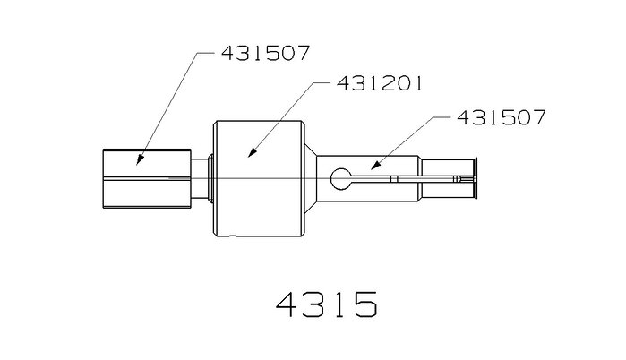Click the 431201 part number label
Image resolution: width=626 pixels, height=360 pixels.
(x=380, y=83)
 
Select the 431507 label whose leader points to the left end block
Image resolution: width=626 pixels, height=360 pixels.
(x=265, y=53)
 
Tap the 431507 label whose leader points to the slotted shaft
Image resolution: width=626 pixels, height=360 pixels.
(x=501, y=117)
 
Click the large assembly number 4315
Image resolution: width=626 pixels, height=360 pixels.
(x=327, y=304)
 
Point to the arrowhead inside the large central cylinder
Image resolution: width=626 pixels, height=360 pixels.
(x=252, y=152)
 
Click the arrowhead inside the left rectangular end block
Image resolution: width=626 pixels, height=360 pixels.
(x=140, y=159)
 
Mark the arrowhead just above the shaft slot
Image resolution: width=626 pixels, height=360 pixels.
(x=374, y=166)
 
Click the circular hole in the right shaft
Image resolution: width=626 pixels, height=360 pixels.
(x=341, y=179)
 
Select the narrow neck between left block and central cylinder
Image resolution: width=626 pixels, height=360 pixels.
(x=199, y=178)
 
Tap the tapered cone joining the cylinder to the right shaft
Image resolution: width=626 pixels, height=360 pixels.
(x=310, y=178)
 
